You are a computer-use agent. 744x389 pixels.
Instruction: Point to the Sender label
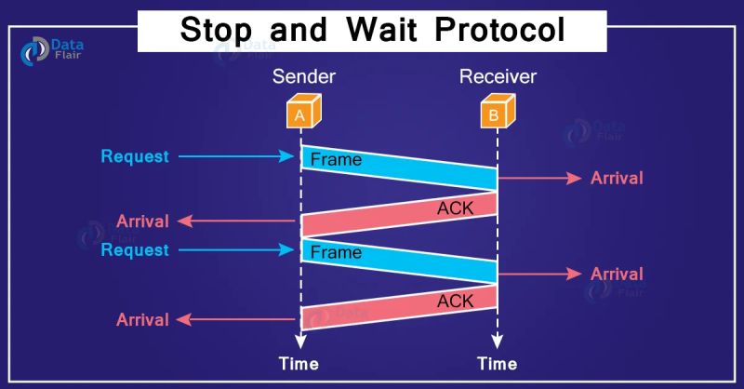point(300,76)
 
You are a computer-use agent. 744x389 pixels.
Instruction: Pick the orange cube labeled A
point(299,114)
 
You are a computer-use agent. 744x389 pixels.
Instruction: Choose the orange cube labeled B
point(495,114)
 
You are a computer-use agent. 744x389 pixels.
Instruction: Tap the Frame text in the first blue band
point(336,160)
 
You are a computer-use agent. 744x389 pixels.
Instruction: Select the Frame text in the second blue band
point(336,252)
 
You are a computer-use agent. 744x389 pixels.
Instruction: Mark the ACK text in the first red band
point(455,208)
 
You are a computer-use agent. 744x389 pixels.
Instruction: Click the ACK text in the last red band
point(455,300)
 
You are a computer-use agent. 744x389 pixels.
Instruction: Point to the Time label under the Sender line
point(299,363)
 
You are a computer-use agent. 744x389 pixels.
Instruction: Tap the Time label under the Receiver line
point(496,363)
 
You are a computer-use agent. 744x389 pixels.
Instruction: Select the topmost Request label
point(135,156)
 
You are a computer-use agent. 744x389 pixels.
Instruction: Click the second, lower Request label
point(135,249)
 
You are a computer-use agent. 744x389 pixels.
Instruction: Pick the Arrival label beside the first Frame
point(617,177)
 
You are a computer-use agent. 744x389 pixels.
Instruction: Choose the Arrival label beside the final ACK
point(142,319)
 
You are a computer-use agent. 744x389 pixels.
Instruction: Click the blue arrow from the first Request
point(235,156)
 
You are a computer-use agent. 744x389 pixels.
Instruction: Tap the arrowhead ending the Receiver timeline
point(496,340)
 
